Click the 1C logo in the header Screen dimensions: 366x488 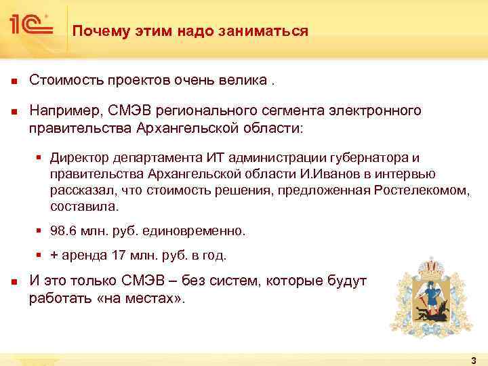(30, 25)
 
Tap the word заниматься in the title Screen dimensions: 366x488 (268, 31)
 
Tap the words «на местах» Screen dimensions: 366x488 (150, 298)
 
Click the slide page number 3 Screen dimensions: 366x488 (473, 361)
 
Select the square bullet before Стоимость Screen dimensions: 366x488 (13, 81)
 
